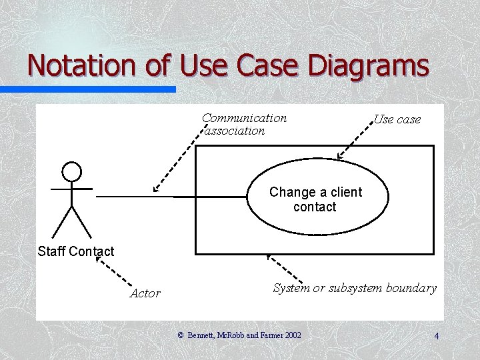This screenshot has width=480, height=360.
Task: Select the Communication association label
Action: [245, 125]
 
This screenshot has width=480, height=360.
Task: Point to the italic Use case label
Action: [397, 119]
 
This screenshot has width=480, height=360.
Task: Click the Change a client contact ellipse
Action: [315, 199]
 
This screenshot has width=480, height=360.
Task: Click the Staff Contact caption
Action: [76, 251]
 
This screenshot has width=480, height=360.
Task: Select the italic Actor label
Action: [145, 293]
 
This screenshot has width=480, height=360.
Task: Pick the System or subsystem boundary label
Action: [355, 288]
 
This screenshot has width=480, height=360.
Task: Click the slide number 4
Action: [436, 336]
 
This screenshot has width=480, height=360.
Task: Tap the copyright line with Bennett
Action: [239, 334]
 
